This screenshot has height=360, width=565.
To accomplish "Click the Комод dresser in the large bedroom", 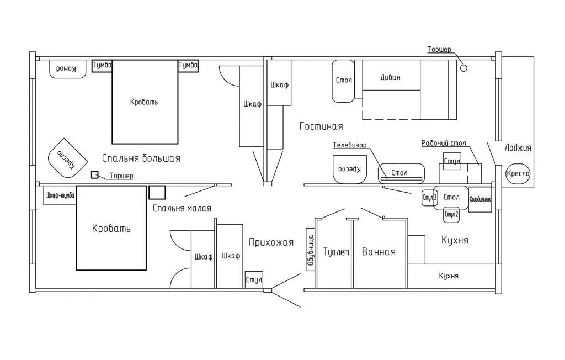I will (68, 68).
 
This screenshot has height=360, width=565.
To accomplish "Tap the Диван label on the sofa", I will (390, 78).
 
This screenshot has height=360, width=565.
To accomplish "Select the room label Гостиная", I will (321, 126).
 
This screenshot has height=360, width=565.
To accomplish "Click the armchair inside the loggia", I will (518, 174).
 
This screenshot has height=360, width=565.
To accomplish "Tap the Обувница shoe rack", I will (310, 253).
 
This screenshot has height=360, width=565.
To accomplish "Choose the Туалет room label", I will (337, 252).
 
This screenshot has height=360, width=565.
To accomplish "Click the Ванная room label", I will (379, 252).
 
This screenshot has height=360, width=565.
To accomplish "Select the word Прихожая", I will (271, 242).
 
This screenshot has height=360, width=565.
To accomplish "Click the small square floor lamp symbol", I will (95, 175).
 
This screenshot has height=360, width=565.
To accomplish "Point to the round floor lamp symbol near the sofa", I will (463, 68).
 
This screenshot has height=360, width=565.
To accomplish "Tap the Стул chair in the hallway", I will (254, 279).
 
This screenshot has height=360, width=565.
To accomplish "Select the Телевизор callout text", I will (349, 145).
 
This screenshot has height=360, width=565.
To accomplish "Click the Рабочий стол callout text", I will (444, 144).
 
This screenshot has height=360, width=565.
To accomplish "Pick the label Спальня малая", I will (182, 208).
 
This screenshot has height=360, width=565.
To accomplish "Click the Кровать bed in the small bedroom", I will (111, 228).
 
